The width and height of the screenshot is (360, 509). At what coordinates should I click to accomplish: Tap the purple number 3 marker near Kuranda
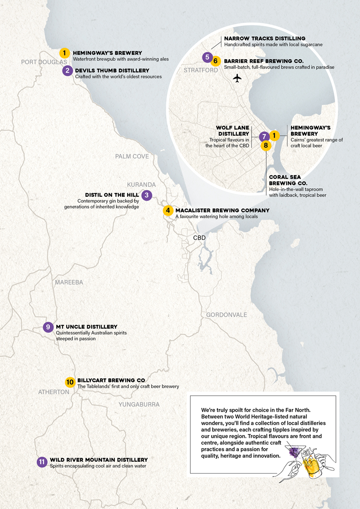coord(147,195)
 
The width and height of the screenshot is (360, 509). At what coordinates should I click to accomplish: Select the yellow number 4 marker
coord(168,211)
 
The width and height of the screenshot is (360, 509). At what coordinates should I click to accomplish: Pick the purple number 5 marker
coord(208,57)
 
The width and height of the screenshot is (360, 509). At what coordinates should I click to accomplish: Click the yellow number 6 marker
coord(216,62)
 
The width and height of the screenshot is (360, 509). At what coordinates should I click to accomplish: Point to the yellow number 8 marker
coord(266,145)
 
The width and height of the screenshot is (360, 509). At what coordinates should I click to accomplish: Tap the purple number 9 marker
coord(48,327)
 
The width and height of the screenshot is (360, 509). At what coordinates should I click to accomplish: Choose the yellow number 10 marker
coord(70,382)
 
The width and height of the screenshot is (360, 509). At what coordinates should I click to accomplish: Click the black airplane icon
coord(237,77)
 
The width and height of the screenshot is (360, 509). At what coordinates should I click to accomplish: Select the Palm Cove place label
coord(132,156)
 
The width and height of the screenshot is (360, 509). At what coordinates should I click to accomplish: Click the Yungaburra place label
coord(139,404)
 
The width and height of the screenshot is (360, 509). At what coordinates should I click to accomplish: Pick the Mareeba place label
coord(69,282)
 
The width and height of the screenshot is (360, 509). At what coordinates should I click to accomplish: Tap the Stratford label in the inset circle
coord(201,70)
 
